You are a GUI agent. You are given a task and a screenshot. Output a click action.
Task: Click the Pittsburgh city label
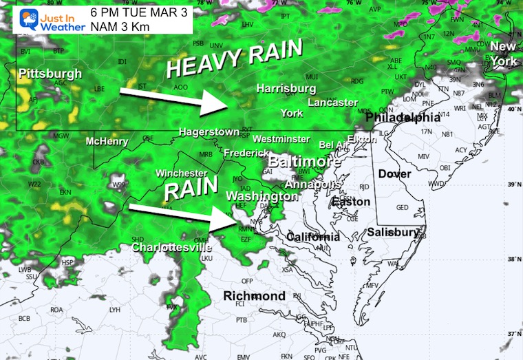point(50,74)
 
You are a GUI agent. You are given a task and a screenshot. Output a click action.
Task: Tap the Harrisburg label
point(286,89)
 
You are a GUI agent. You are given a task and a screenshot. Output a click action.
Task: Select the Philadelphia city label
point(403,118)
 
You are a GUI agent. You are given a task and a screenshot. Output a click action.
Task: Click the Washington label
point(261,196)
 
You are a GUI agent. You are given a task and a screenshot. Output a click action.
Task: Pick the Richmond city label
point(255,296)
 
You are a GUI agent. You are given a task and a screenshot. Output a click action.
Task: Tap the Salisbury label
point(393,232)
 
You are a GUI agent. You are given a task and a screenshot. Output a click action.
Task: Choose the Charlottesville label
point(171,247)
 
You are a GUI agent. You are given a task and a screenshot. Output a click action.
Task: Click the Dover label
point(394,174)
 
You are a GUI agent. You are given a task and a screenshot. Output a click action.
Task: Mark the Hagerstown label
point(209,131)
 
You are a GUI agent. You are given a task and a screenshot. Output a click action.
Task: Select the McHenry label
point(108,142)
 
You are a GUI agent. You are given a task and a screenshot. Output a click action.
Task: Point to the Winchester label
point(182,173)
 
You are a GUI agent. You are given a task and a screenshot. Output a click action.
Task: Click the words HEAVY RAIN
point(235,59)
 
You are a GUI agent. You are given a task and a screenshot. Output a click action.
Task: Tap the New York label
point(503,54)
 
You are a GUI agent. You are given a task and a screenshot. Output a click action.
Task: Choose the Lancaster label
point(332,103)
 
